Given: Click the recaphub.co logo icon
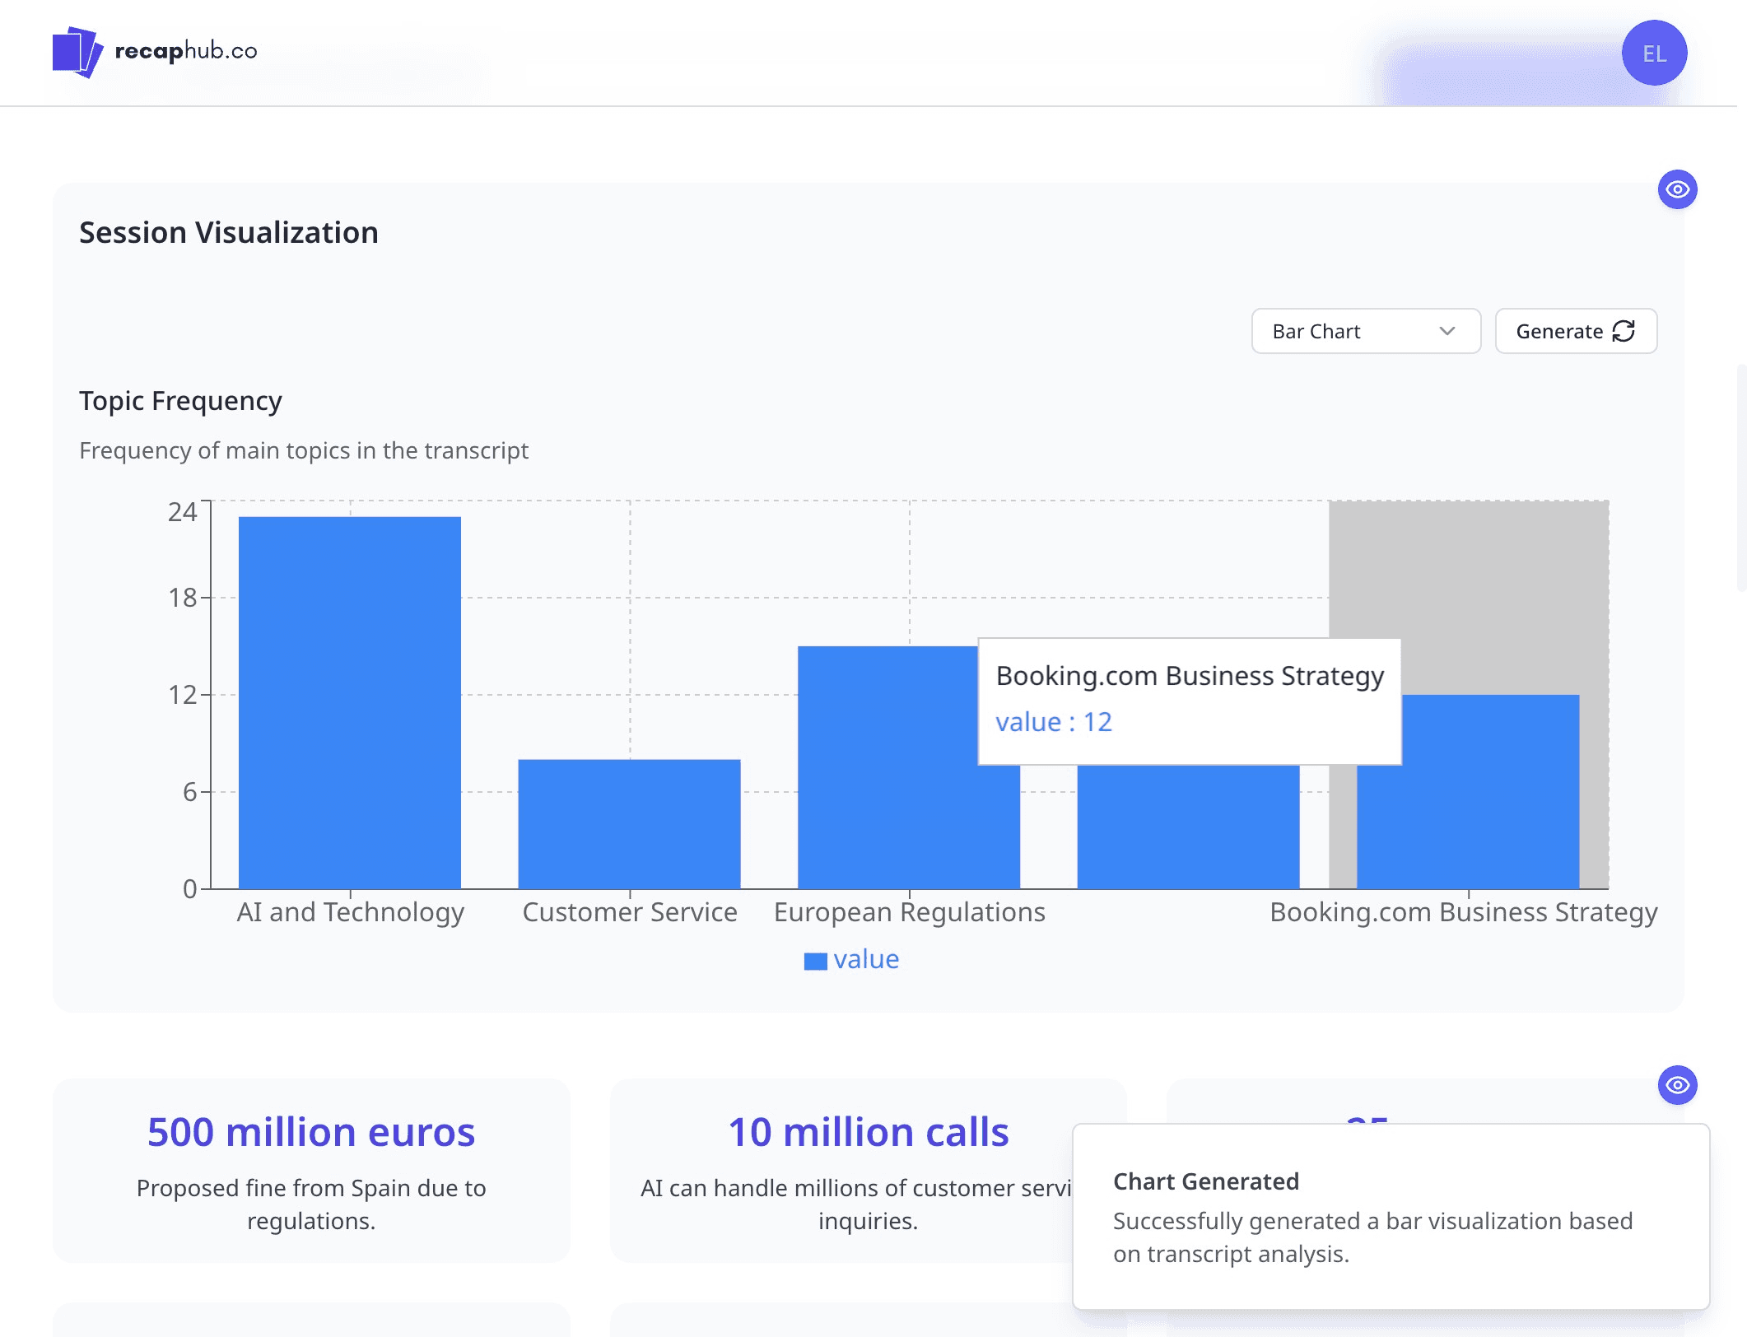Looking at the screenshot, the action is [x=77, y=52].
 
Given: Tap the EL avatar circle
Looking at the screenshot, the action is [x=1654, y=54].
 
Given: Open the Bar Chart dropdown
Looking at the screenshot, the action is [x=1366, y=331].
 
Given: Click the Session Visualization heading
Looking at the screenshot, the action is [x=229, y=233].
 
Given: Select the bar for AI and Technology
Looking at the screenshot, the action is [x=350, y=702].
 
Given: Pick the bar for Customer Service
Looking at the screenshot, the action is [x=629, y=824].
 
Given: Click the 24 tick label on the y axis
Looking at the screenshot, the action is [x=183, y=512].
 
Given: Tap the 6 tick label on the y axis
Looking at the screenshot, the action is [x=189, y=792].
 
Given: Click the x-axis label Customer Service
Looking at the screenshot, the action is [x=630, y=912].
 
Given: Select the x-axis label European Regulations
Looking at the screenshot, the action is [x=910, y=912].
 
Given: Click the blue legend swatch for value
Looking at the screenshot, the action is [x=815, y=961].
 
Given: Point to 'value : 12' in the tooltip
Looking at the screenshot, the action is [x=1054, y=722].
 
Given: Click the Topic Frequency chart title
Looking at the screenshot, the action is [x=180, y=401].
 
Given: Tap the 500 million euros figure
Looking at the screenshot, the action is [x=311, y=1132].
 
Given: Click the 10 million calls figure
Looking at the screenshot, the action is [x=869, y=1132].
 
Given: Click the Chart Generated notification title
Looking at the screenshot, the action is [x=1206, y=1181].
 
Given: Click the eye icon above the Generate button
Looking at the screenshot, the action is [x=1677, y=190].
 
